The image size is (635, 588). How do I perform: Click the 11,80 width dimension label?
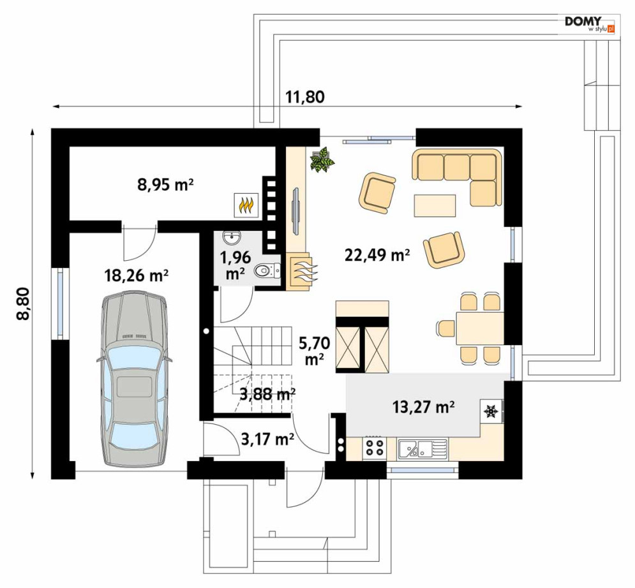[305, 97]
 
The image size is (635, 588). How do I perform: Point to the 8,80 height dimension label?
[24, 304]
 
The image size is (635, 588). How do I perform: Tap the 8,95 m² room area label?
[165, 185]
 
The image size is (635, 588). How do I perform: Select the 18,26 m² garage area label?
[137, 276]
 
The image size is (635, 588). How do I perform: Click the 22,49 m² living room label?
[377, 254]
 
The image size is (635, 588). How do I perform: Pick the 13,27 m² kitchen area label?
[423, 407]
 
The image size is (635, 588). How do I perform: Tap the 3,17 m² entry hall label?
[267, 438]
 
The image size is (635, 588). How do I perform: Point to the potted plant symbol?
[322, 159]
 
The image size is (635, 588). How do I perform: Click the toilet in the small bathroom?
[267, 270]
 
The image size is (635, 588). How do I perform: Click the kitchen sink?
[422, 448]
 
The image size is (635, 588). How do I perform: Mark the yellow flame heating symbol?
[246, 205]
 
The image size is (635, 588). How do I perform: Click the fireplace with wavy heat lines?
[302, 272]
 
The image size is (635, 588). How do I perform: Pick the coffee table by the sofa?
[435, 205]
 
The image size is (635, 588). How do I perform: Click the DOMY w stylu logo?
[590, 24]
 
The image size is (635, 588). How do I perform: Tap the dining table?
[479, 328]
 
